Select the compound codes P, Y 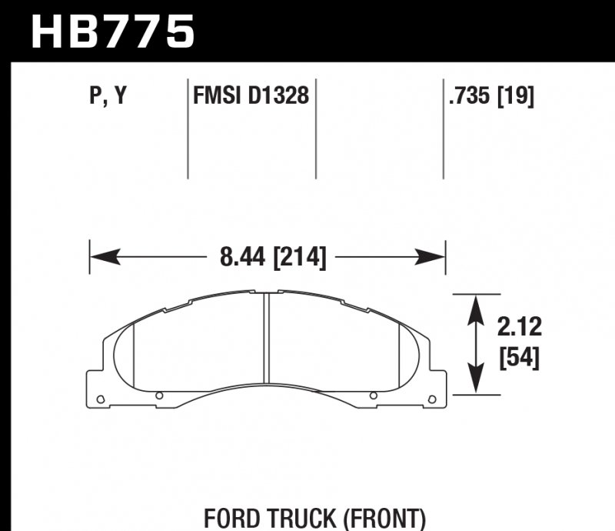[108, 96]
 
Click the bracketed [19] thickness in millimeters [517, 96]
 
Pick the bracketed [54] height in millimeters [519, 358]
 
